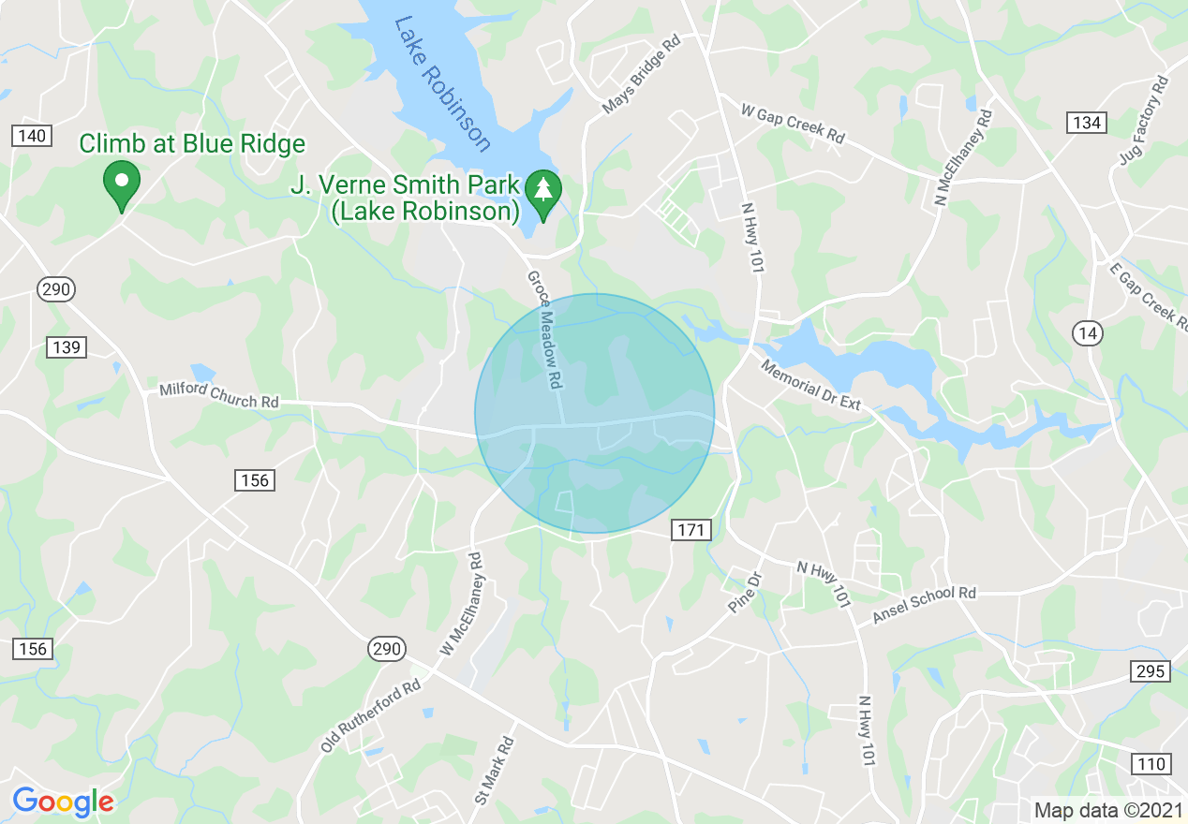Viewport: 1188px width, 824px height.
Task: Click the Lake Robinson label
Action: click(443, 83)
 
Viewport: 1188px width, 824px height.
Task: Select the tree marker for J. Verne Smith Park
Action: click(542, 190)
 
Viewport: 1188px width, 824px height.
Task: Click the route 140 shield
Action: click(32, 136)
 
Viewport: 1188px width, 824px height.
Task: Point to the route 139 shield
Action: click(67, 347)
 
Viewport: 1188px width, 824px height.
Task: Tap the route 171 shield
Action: click(691, 530)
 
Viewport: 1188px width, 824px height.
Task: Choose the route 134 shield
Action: click(1086, 123)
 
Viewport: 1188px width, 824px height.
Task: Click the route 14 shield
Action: click(1089, 332)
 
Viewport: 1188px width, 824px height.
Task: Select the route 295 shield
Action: click(1150, 670)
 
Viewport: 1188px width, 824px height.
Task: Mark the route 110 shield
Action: click(1151, 763)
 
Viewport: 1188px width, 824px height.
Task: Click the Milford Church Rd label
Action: click(219, 395)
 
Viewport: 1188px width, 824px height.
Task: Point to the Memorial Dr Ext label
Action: click(809, 384)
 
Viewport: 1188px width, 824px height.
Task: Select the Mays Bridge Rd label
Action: click(641, 76)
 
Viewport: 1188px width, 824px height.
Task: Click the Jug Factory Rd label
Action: click(1144, 121)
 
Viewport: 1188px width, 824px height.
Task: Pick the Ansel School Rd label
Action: click(924, 605)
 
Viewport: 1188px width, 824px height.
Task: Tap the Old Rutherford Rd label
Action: click(371, 716)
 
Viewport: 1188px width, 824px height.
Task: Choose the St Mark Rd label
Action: click(496, 772)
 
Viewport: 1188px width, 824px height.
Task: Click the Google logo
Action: click(63, 802)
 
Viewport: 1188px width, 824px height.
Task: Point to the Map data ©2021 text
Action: click(1106, 809)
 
